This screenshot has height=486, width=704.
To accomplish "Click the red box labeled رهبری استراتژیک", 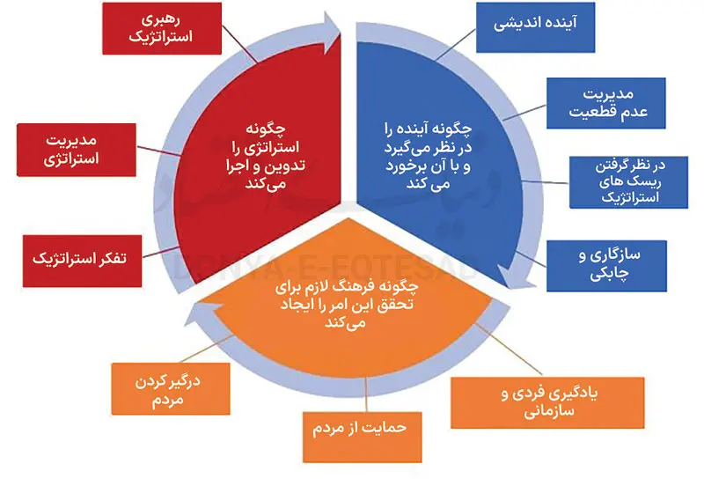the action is coord(162,28).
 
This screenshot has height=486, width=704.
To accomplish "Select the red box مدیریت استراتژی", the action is coord(77,150).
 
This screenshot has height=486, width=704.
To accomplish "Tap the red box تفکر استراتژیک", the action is coord(82,261).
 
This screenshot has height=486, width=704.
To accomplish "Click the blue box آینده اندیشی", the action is coord(536,27).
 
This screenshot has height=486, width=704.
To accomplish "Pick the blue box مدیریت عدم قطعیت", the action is coord(606,103).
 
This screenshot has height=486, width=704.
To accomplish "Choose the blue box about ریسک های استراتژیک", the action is coord(628,182).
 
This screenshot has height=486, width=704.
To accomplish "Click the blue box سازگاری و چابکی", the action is coord(606,266).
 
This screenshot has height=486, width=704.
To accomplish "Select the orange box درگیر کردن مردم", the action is coord(171,389).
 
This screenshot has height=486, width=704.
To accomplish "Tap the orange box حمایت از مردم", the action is coord(362,437).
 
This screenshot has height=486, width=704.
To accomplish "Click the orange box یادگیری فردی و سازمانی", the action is coord(547,402).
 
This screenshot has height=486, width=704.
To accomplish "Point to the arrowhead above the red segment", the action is coord(332,32).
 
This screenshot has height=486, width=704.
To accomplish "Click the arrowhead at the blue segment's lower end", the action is coord(512,277).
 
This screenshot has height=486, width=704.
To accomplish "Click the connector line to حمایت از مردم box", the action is coord(366,394).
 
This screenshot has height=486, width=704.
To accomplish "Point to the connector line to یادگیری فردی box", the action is coord(509,349).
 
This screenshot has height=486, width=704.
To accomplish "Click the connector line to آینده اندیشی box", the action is coord(456,45).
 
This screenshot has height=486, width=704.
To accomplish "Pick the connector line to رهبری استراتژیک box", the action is coord(239,43).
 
